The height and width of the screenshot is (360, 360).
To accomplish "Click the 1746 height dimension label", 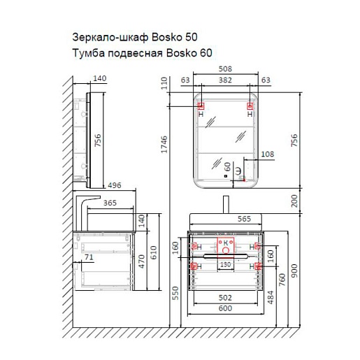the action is (x=164, y=144).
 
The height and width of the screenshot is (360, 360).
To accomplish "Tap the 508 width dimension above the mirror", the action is (x=225, y=69).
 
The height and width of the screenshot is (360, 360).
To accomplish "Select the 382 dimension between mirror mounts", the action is (x=225, y=80).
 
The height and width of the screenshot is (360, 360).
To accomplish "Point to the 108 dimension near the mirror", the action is (x=268, y=154).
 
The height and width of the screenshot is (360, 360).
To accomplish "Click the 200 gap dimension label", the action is (x=294, y=201).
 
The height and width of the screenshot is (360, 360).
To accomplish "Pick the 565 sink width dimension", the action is (x=244, y=219).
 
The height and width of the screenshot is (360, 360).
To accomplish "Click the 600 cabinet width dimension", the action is (x=225, y=308).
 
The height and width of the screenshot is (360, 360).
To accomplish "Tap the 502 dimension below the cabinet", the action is (x=225, y=298).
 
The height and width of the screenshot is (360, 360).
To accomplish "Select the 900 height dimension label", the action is (x=294, y=271).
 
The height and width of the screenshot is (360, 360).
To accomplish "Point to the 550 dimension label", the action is (x=175, y=293).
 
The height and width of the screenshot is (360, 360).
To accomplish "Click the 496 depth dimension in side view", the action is (x=115, y=185).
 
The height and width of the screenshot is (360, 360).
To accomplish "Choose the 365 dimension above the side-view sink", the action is (x=110, y=203).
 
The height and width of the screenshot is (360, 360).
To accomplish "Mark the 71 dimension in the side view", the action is (x=89, y=257).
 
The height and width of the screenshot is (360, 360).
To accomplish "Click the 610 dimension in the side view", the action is (x=153, y=252).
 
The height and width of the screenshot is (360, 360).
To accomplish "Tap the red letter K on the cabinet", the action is (x=226, y=243).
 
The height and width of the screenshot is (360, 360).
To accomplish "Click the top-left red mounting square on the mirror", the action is (x=201, y=106).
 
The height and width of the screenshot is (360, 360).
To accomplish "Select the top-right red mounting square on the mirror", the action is (x=250, y=106).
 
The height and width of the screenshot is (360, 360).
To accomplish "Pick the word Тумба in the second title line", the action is (x=88, y=53).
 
